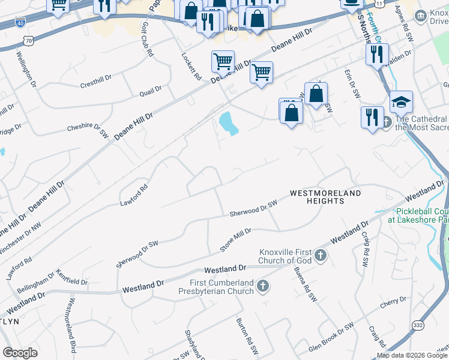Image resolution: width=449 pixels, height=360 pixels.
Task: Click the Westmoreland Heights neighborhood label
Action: [x=326, y=197]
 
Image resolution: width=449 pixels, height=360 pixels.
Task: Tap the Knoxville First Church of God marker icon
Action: [x=321, y=256]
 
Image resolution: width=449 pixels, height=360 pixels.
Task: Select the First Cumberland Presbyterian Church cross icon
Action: [x=263, y=286]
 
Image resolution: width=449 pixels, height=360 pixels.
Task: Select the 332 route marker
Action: [x=418, y=325]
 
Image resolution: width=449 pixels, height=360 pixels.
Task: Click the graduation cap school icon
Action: [x=401, y=101]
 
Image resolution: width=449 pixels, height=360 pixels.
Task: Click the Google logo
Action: [x=20, y=353]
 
